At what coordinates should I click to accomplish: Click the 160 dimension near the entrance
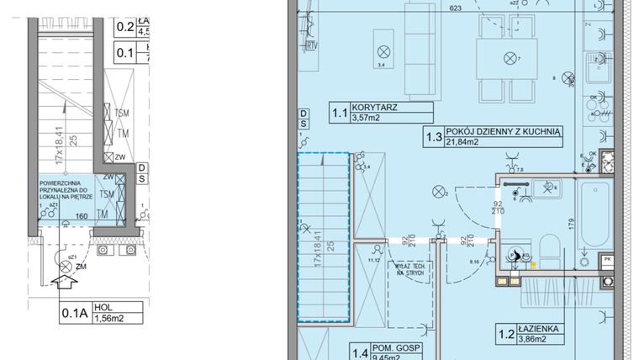pos(82,215)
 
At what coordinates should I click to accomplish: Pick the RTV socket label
pos(313,45)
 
